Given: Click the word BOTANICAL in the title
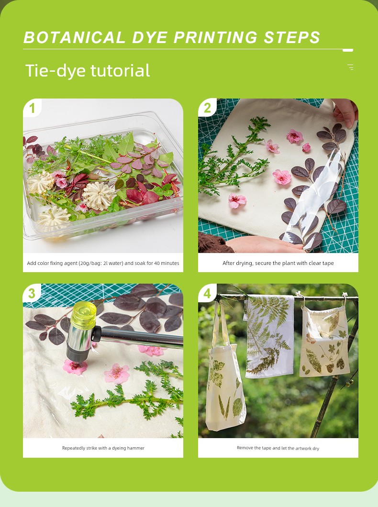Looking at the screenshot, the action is pyautogui.click(x=74, y=37).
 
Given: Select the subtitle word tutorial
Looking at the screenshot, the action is pyautogui.click(x=120, y=70).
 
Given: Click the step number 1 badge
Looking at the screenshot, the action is pyautogui.click(x=32, y=108).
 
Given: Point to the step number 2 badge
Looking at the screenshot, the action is pyautogui.click(x=207, y=108).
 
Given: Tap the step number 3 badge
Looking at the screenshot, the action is pyautogui.click(x=32, y=293).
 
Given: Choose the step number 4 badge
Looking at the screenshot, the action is pyautogui.click(x=207, y=293).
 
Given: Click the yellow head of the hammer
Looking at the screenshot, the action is pyautogui.click(x=83, y=314).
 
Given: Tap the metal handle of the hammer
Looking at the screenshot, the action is pyautogui.click(x=139, y=338).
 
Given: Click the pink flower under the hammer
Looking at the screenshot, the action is pyautogui.click(x=75, y=367).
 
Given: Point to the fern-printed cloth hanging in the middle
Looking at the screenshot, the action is pyautogui.click(x=269, y=336).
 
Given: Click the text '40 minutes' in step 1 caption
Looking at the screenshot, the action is pyautogui.click(x=167, y=263).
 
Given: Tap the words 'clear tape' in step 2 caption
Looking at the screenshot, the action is pyautogui.click(x=321, y=263).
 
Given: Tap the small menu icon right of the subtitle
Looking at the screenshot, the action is pyautogui.click(x=350, y=67).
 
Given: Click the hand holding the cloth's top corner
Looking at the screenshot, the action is pyautogui.click(x=345, y=111).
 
